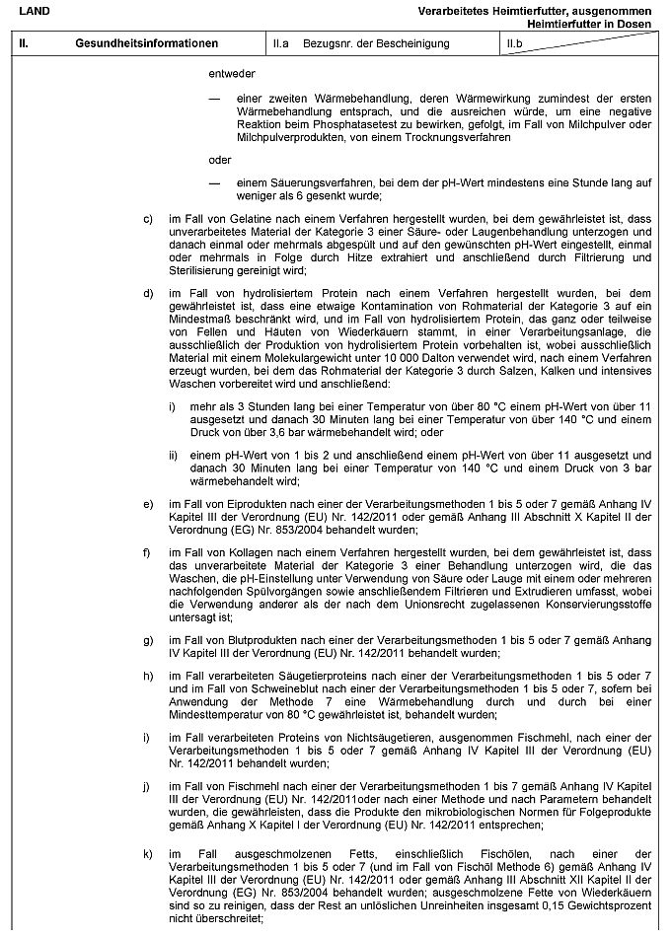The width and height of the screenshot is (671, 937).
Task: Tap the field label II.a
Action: click(281, 44)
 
